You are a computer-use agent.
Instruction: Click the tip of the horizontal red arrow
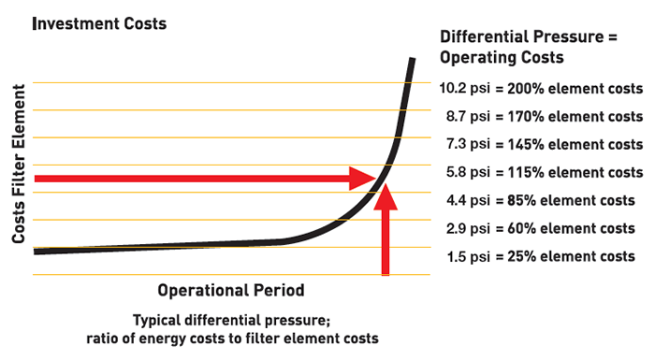point(374,177)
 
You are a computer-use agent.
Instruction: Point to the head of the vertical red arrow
point(386,187)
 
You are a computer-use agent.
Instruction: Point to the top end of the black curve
point(411,61)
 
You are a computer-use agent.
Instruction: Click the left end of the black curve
point(36,251)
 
